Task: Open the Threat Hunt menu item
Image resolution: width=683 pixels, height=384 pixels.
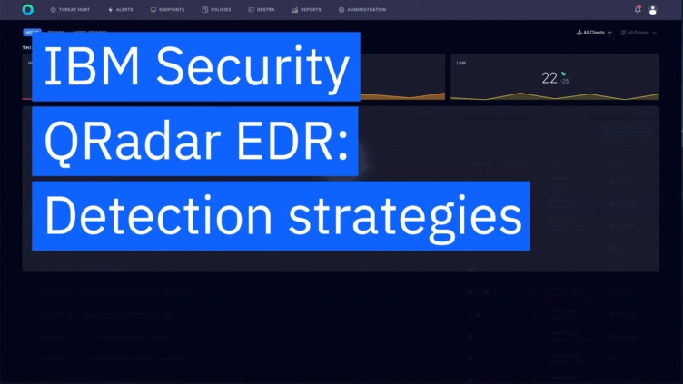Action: coord(70,10)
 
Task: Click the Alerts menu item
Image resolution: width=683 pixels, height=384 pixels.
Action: coord(120,10)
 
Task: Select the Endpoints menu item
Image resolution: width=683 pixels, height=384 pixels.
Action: coord(169,10)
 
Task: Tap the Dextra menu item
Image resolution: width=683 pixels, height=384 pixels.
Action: coord(262,10)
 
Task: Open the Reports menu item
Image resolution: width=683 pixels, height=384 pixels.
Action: coord(307,10)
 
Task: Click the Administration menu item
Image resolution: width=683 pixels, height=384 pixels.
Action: coord(362,10)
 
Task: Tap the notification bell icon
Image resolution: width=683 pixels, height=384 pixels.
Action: coord(638,10)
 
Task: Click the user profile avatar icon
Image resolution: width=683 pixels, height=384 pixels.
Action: coord(653,10)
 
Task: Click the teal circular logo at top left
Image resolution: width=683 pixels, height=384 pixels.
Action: coord(28,10)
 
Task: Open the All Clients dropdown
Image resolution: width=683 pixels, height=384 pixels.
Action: coord(595,33)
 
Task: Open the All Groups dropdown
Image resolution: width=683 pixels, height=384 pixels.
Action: coord(638,33)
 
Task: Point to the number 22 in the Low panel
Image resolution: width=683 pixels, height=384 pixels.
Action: coord(549,78)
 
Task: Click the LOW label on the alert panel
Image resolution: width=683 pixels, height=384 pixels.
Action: coord(461,64)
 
